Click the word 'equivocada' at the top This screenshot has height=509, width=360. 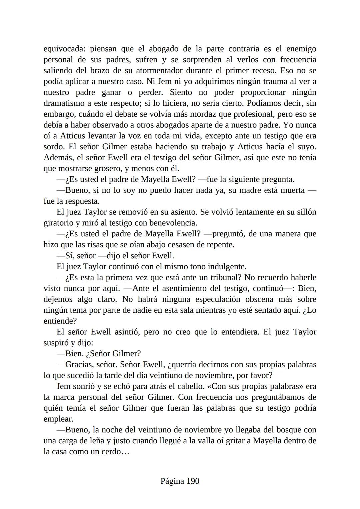63,49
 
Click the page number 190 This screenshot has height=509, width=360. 193,481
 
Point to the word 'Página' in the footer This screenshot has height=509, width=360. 172,481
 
